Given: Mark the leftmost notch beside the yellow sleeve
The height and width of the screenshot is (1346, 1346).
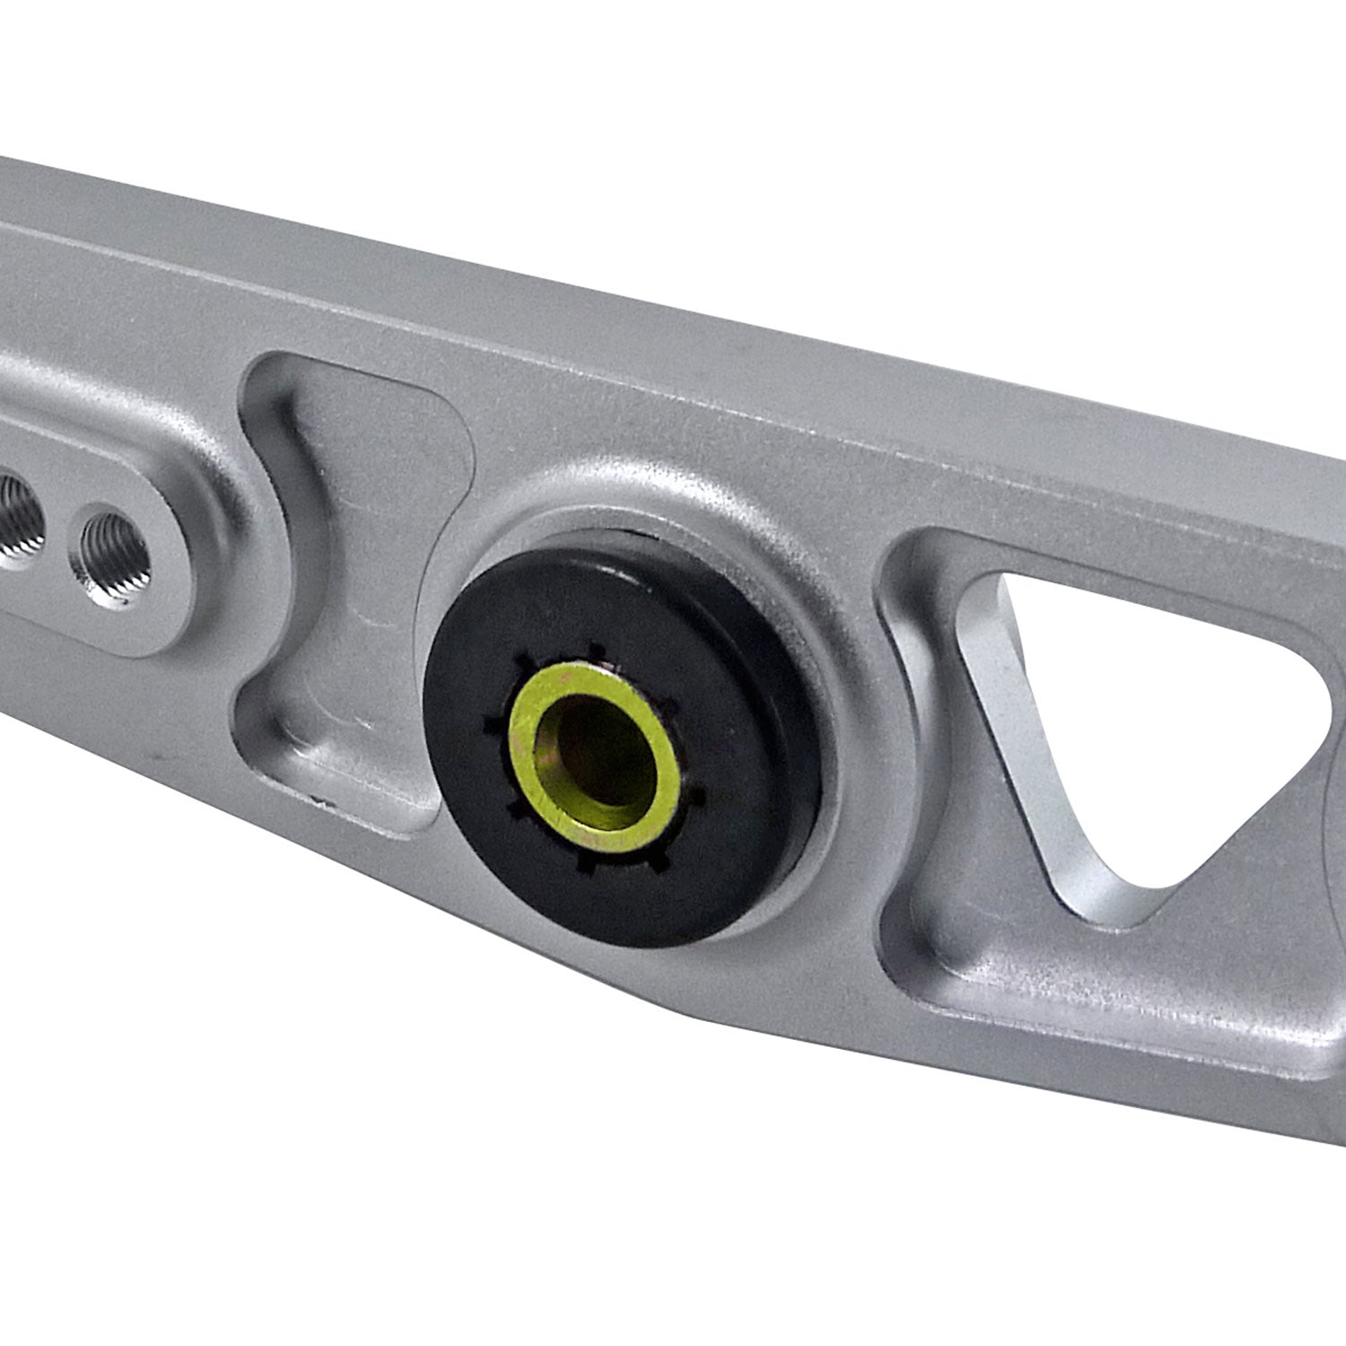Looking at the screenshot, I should pyautogui.click(x=490, y=721).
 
